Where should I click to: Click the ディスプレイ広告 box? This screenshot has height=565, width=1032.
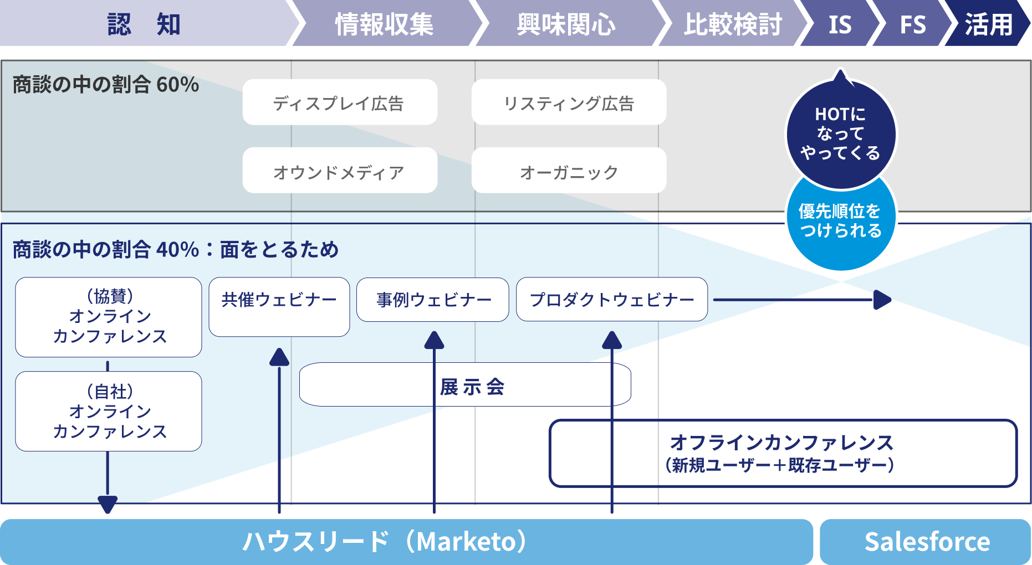point(339,102)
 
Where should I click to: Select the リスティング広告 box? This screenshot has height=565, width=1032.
point(569,102)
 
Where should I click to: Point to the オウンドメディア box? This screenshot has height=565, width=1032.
point(339,171)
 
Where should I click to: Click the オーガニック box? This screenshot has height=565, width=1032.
point(569,171)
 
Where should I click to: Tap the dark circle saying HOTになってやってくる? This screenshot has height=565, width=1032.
point(841,133)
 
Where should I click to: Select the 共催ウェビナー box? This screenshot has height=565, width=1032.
point(279,306)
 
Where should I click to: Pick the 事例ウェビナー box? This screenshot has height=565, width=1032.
point(433,300)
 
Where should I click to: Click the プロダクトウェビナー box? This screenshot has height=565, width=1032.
point(612,300)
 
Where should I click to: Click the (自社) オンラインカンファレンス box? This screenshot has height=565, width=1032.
point(109,411)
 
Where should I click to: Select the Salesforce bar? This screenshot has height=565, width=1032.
point(926,542)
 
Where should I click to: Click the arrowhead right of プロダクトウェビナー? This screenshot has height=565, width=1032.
point(882,300)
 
